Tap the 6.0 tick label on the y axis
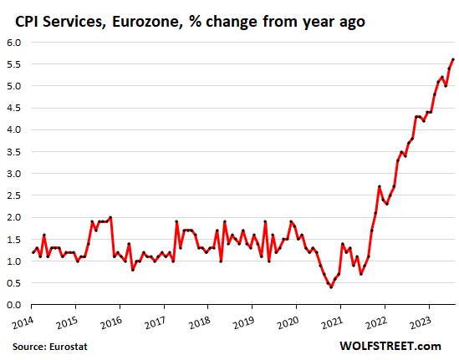[14, 42]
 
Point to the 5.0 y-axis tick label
[14, 86]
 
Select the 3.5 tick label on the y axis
[14, 151]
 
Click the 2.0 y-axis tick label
[14, 217]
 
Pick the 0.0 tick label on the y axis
[14, 305]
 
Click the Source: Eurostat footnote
[51, 345]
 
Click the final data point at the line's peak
[453, 59]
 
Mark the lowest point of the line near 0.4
[331, 287]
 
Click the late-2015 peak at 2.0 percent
[110, 217]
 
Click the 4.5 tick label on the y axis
[14, 108]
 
